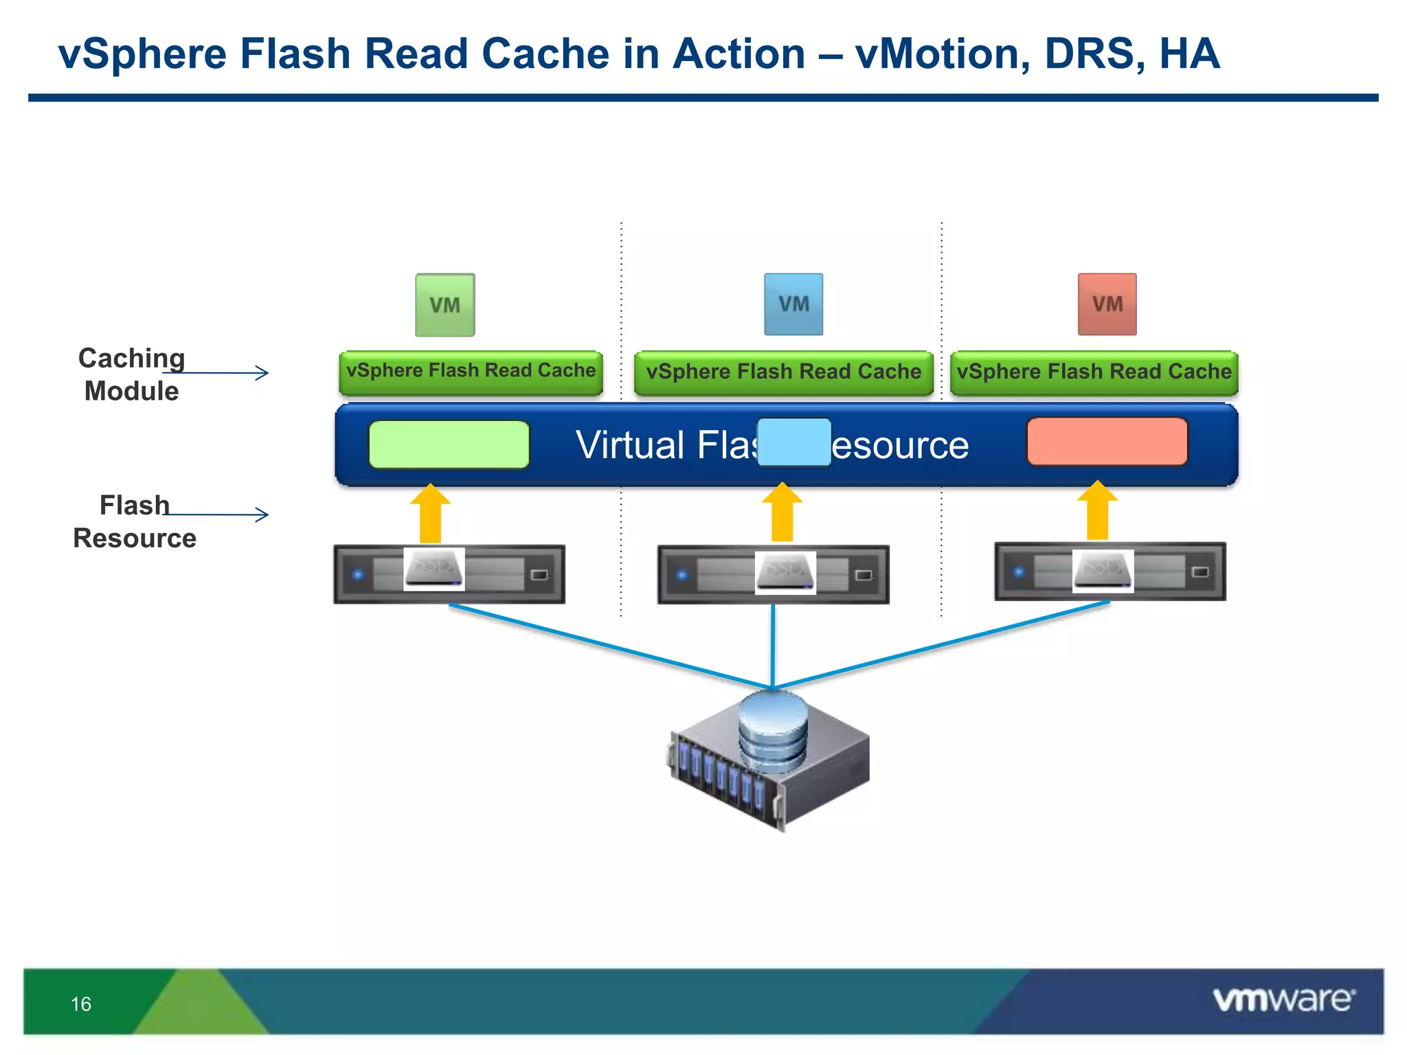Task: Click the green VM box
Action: point(444,305)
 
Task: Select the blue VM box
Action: point(793,304)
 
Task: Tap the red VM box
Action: point(1107,304)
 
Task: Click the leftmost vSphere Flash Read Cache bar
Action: point(471,372)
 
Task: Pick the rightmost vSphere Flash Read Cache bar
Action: point(1094,372)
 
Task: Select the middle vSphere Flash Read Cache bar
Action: point(783,372)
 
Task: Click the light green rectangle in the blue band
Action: point(449,444)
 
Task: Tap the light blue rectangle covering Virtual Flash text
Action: point(794,442)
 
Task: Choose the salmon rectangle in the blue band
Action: point(1107,442)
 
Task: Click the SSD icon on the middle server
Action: point(785,571)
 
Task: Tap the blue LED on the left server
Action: point(358,574)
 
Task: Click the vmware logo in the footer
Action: point(1283,999)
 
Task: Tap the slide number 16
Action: point(81,1004)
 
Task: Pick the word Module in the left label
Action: point(131,392)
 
